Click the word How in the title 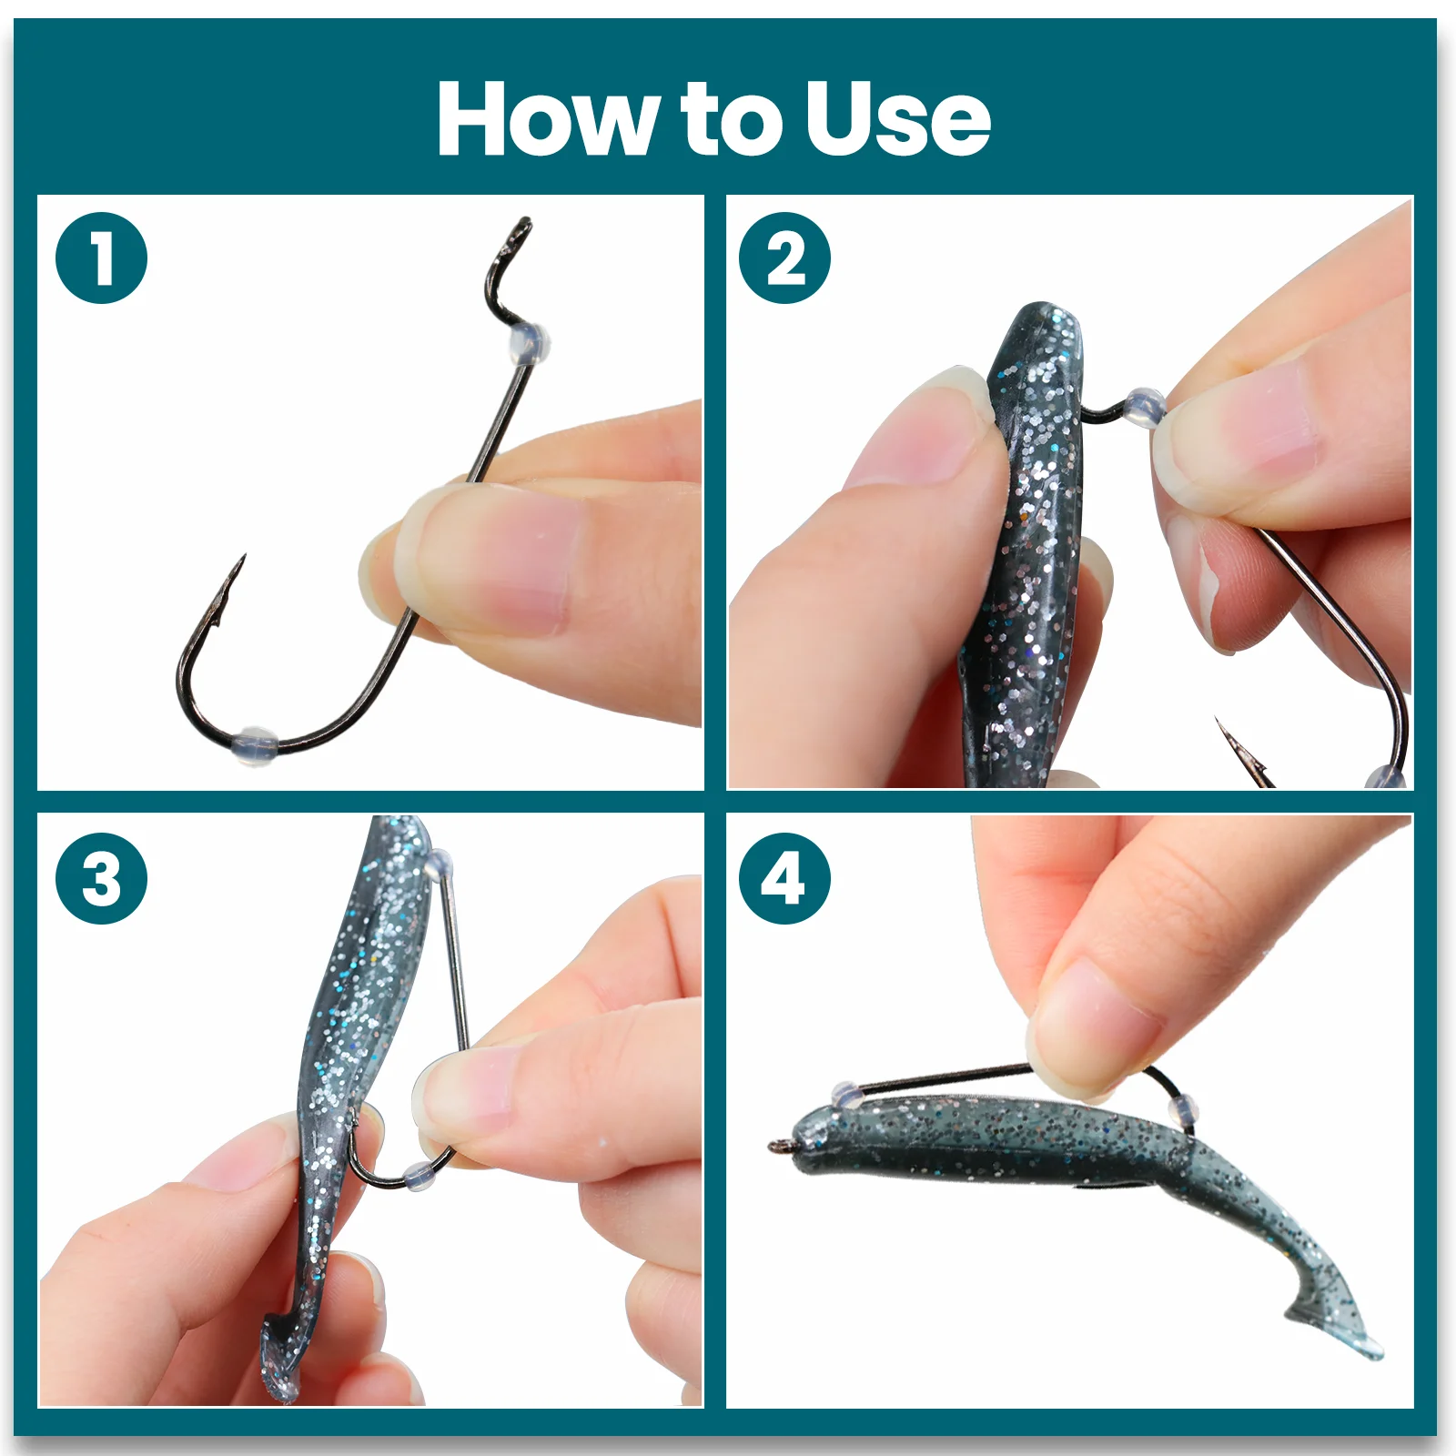click(x=547, y=118)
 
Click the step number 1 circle click(x=101, y=258)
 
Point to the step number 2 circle click(x=784, y=258)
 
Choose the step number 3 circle click(x=101, y=878)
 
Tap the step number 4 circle click(x=784, y=878)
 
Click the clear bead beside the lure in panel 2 click(x=1144, y=409)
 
